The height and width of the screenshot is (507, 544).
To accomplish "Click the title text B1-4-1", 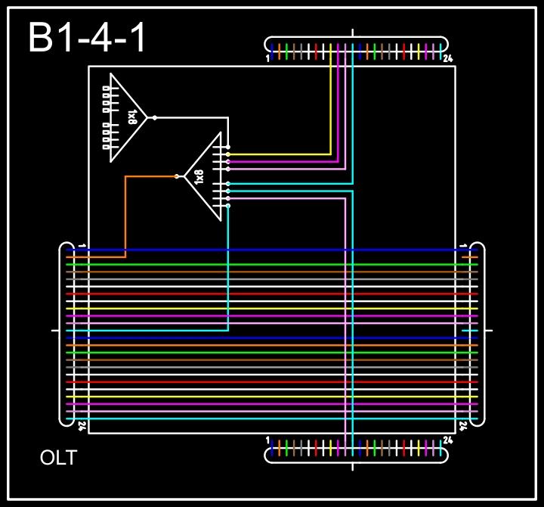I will click(87, 38).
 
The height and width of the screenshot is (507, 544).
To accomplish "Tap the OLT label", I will click(58, 459).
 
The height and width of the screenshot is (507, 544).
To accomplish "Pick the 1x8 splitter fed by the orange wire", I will click(204, 176).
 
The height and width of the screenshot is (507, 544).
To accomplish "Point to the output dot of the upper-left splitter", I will click(155, 117).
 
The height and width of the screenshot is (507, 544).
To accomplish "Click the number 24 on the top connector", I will click(448, 58).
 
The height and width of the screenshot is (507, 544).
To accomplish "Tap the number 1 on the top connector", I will click(268, 58).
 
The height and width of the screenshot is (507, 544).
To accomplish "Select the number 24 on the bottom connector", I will click(448, 440).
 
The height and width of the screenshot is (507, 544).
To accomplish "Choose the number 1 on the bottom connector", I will click(268, 440).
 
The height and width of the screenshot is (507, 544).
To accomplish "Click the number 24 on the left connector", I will click(82, 426).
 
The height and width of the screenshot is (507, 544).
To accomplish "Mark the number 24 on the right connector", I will click(463, 426).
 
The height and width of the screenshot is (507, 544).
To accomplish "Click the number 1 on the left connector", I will click(82, 246).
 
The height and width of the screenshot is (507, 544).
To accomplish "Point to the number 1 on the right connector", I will click(463, 246).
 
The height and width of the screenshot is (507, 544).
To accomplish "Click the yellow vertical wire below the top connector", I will click(331, 106).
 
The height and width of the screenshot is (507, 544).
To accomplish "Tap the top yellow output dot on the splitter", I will click(228, 154).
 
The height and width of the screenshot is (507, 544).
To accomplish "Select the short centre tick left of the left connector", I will click(54, 331).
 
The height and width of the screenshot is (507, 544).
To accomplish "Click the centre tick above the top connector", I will click(353, 33).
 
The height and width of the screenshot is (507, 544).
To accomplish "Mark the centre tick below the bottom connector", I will click(353, 465).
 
